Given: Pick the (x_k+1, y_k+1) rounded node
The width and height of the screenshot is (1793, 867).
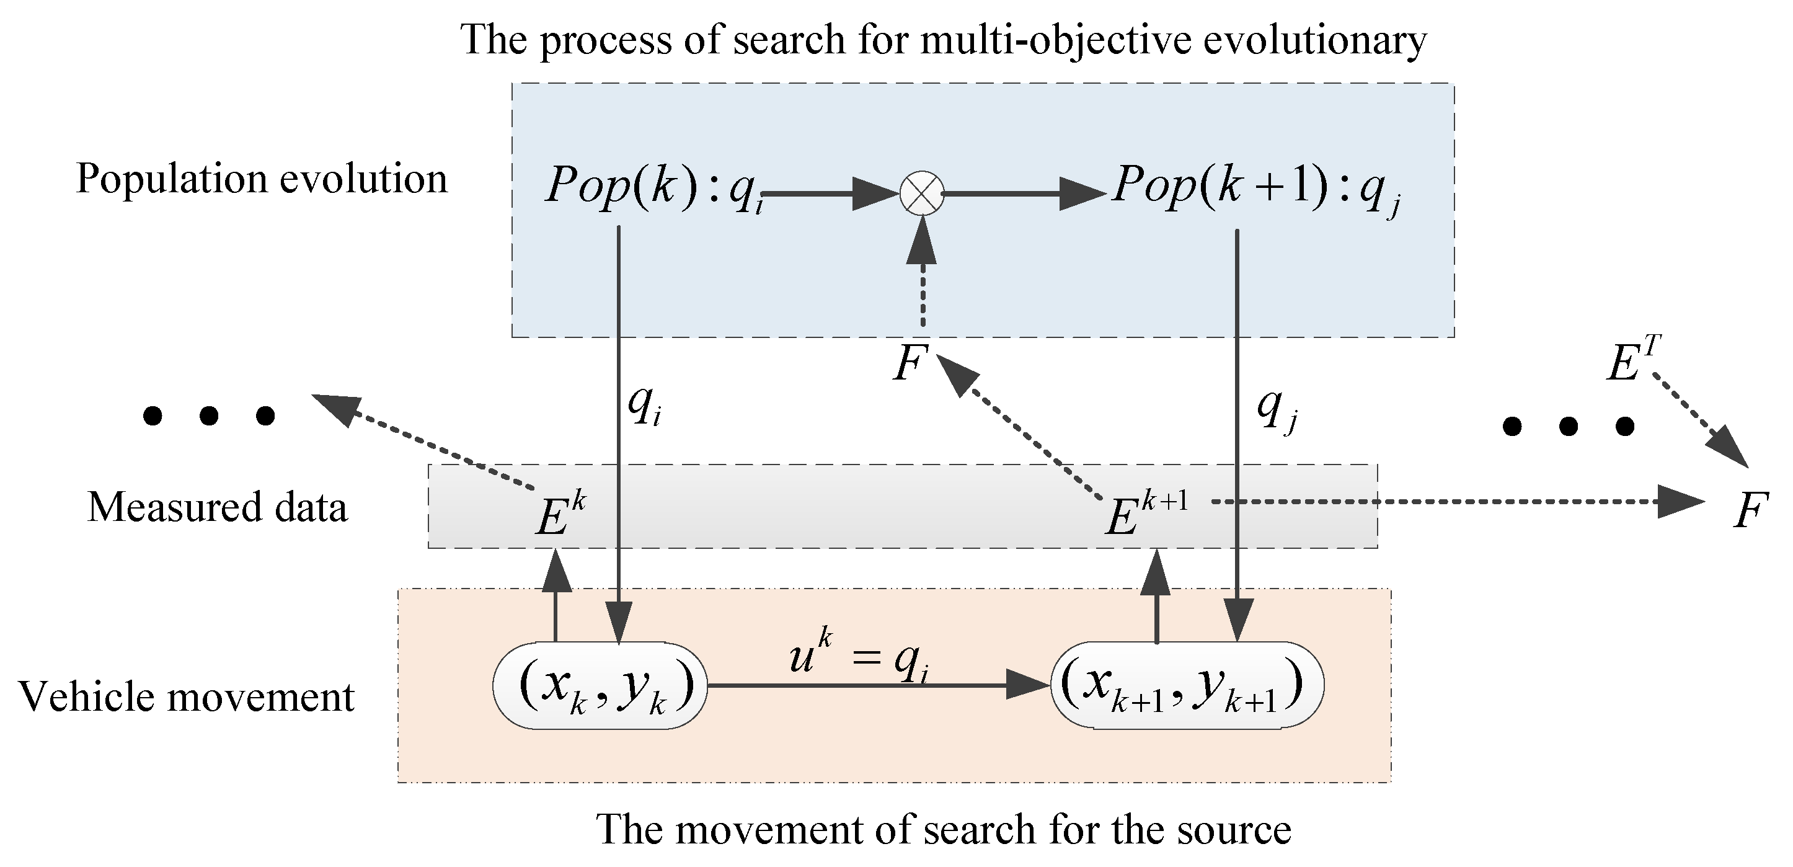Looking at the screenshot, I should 1187,686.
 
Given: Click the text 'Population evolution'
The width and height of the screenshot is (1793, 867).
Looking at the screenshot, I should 262,179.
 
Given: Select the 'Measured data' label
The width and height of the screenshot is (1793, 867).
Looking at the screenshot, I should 217,507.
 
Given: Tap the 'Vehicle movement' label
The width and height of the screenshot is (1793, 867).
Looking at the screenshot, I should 187,696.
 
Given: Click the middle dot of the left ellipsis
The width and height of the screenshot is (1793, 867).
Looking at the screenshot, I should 209,416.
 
